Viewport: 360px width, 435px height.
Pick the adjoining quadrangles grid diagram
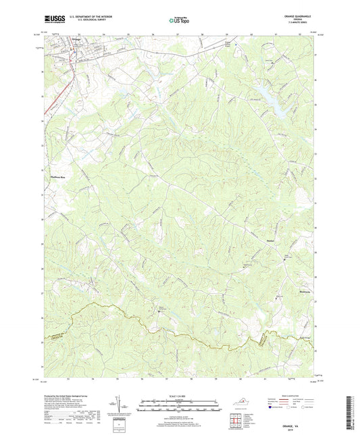(x=235, y=422)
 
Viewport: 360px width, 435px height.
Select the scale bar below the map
(x=180, y=406)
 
